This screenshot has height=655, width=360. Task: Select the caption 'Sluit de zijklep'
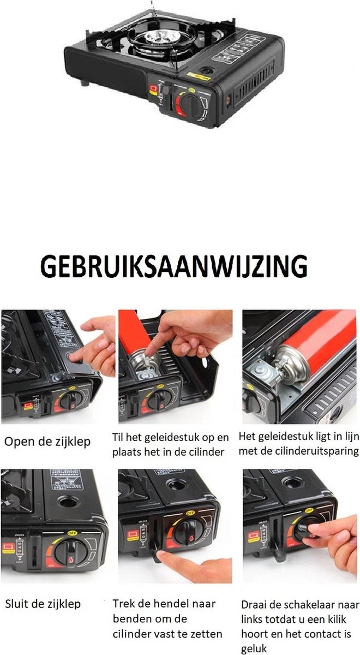point(43,604)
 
